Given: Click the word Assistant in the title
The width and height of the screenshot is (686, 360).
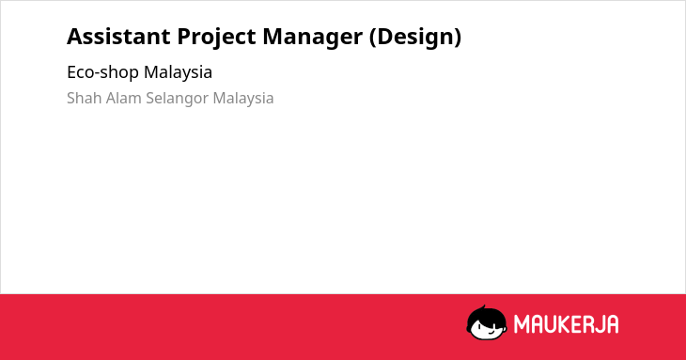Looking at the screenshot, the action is coord(118,36).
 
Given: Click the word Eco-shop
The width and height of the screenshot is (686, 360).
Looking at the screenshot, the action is coord(102,72).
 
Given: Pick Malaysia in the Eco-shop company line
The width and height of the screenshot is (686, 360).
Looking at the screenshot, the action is coord(178,72).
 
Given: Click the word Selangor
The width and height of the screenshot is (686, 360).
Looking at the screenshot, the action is coord(178,99).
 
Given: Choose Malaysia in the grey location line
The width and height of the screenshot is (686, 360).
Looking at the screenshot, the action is coord(243,99).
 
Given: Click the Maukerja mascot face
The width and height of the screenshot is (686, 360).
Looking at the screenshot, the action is coord(487,323).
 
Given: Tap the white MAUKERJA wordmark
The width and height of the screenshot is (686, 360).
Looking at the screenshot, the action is coord(566,324).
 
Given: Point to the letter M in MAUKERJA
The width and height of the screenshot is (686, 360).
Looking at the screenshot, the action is coord(522,324).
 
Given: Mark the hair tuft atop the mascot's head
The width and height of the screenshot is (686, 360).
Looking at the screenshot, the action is coord(483,307).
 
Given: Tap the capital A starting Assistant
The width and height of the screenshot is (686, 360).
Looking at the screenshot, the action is coord(75,37).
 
